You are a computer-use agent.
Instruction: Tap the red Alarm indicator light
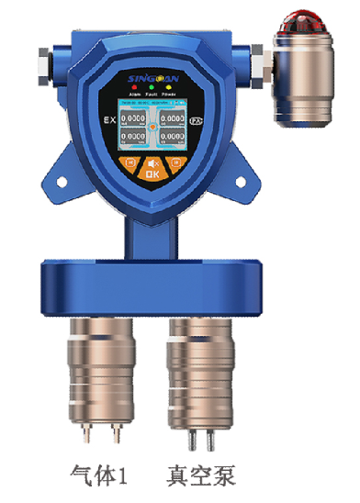pyautogui.click(x=134, y=87)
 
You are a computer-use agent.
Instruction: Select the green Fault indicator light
pyautogui.click(x=152, y=87)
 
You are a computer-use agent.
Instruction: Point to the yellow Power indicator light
pyautogui.click(x=170, y=87)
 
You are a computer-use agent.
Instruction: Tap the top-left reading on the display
pyautogui.click(x=136, y=118)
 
